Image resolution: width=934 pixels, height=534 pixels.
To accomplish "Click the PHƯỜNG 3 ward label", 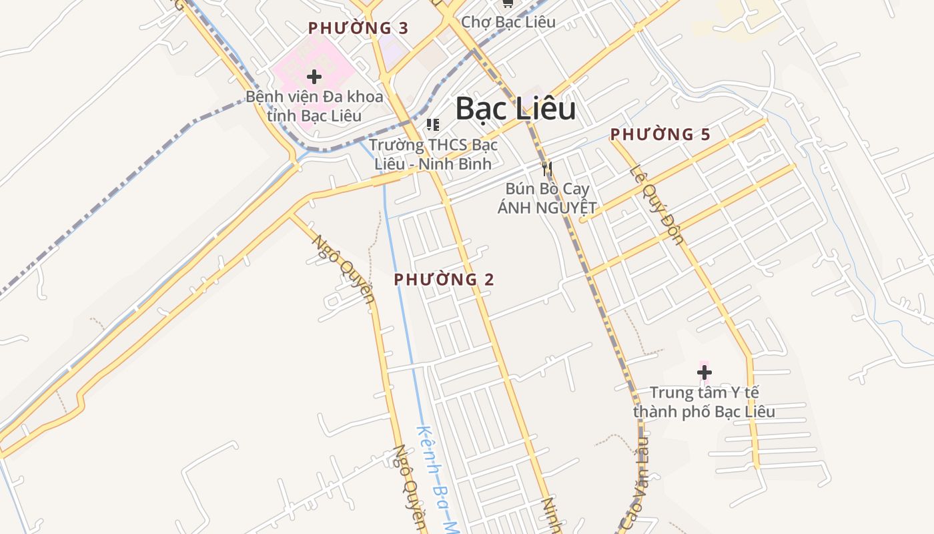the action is (x=358, y=28).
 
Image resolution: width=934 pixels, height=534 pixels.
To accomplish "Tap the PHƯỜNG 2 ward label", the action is (x=444, y=280).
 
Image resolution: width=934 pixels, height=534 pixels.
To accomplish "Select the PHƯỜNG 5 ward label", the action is (x=660, y=134).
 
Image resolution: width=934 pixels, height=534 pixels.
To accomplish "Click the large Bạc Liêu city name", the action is (x=515, y=109).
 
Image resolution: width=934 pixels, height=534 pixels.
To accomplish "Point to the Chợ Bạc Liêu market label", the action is (x=508, y=21).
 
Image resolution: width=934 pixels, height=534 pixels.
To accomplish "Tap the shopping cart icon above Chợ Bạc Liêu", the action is (x=508, y=3).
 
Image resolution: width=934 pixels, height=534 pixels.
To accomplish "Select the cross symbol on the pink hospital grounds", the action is (x=314, y=77).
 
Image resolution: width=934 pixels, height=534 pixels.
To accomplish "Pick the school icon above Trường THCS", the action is (x=433, y=124).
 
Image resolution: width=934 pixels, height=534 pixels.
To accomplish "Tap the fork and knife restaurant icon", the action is (x=547, y=168).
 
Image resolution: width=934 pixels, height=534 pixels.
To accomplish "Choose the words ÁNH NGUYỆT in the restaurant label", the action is (x=547, y=207).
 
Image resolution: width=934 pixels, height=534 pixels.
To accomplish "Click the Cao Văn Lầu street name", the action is (x=635, y=487).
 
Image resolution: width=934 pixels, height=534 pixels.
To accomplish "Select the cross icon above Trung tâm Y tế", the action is (x=705, y=372).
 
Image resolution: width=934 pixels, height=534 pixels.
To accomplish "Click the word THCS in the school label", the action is (x=448, y=145).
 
